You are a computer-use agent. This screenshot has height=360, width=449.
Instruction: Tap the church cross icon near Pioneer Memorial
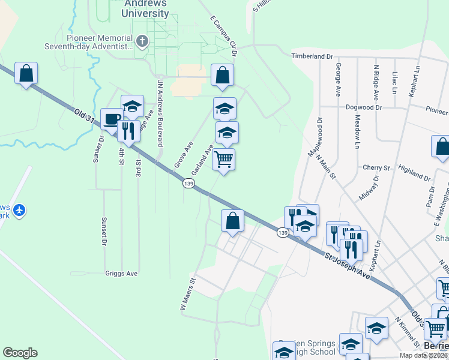point(142,42)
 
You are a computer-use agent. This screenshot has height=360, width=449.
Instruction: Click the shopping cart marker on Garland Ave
point(223,160)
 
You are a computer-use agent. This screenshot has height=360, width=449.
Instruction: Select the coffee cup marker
point(111,119)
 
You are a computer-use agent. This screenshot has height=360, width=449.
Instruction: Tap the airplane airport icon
point(20,210)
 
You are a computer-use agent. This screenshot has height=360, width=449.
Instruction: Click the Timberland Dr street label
point(312,56)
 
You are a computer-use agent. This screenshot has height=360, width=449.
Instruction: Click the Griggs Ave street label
point(121,273)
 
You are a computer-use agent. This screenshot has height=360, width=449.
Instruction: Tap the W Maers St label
point(188,293)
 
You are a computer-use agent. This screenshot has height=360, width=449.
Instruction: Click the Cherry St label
point(376,167)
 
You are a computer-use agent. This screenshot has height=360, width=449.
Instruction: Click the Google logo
point(20,353)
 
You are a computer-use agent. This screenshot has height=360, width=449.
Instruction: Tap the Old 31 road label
point(85,116)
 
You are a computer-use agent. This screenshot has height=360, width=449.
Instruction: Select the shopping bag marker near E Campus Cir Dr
point(222,75)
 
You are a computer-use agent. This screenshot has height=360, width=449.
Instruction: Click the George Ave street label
point(339,79)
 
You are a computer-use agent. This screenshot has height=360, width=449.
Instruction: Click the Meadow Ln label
point(357,131)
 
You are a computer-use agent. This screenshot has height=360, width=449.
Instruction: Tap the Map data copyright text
point(424,355)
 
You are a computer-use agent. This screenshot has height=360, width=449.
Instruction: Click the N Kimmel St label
point(406,330)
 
